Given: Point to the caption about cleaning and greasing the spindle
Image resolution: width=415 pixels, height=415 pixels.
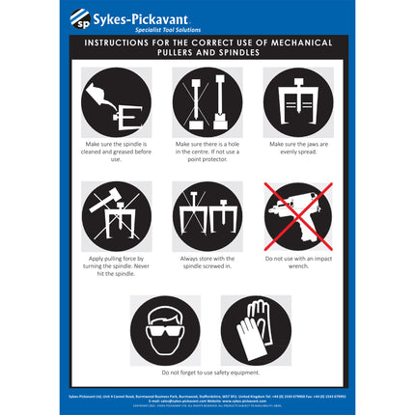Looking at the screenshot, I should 116,150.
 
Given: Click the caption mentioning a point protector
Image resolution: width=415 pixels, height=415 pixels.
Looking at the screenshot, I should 207,150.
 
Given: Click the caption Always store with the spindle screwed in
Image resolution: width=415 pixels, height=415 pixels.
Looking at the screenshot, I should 207,263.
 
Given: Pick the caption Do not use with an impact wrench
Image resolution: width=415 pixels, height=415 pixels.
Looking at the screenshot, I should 297,263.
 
